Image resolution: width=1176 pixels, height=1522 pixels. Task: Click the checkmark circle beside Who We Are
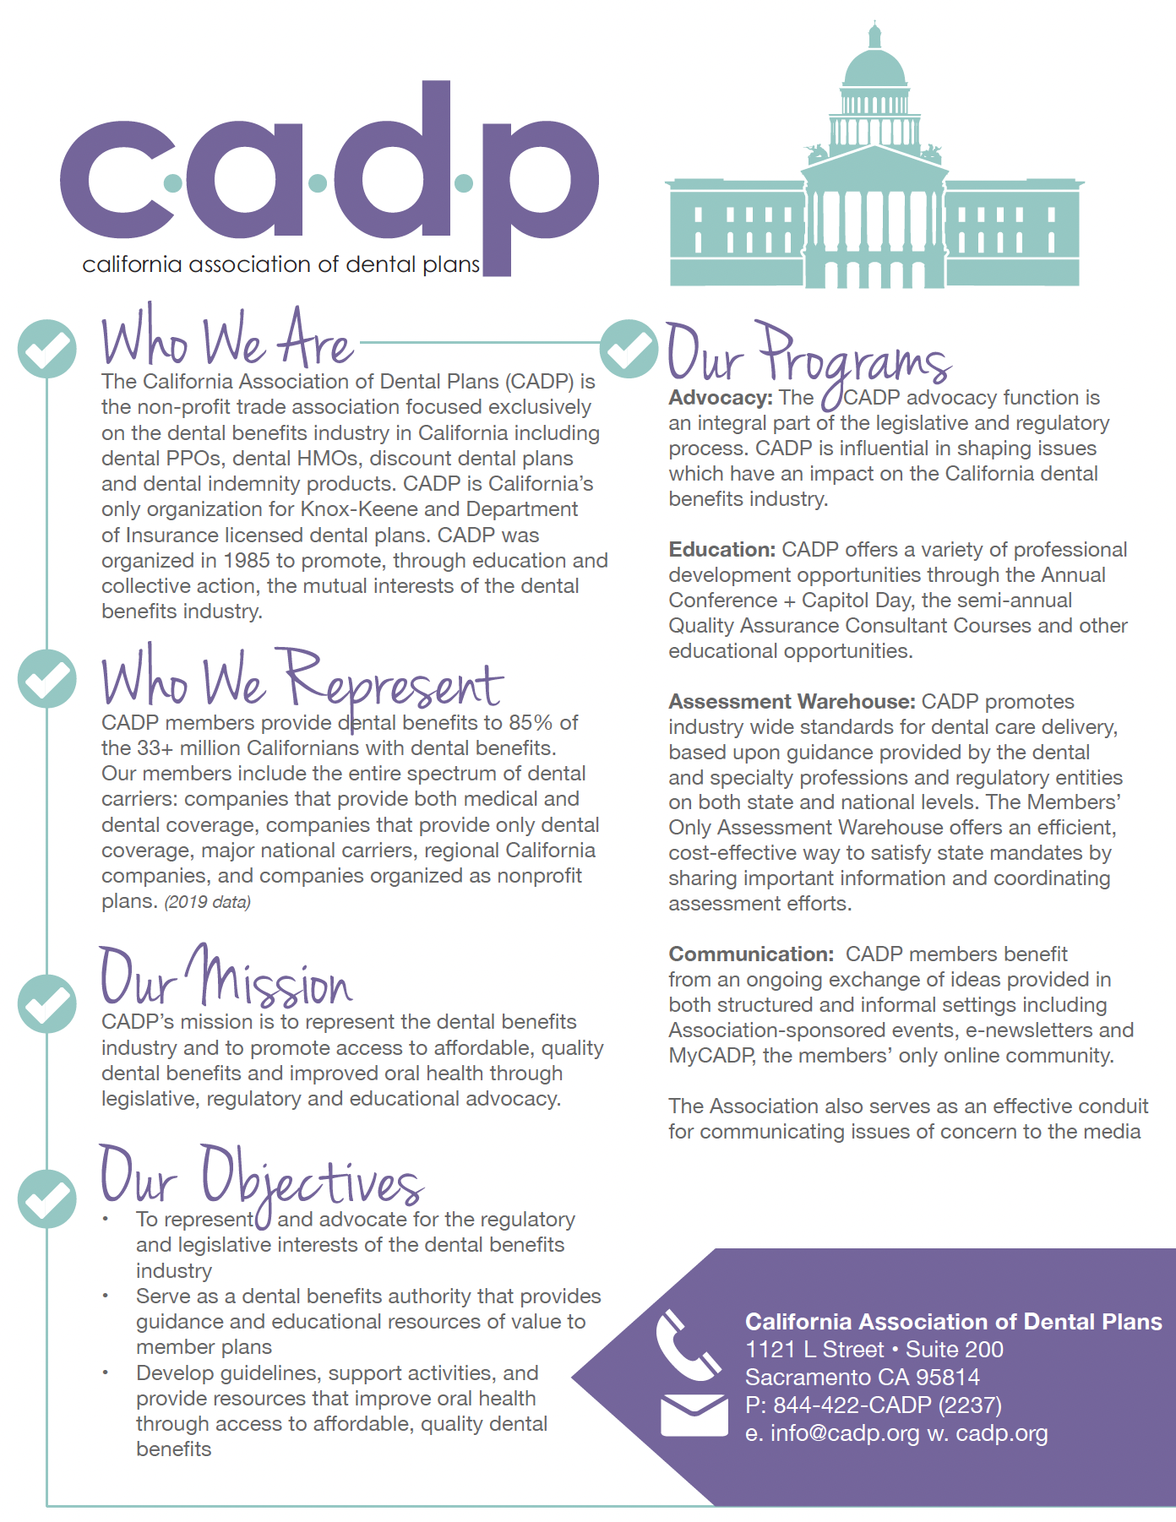click(x=47, y=348)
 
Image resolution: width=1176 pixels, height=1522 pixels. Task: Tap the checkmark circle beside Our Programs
click(x=629, y=348)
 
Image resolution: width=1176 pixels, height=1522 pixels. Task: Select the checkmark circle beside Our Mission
click(x=47, y=1003)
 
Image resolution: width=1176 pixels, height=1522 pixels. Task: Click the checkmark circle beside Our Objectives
click(x=47, y=1199)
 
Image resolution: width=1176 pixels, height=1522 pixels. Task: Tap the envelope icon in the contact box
click(x=694, y=1416)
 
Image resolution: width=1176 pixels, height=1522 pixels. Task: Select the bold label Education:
click(x=721, y=550)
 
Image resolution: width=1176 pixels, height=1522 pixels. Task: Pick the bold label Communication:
click(x=751, y=954)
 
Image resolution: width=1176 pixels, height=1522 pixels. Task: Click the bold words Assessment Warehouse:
click(x=792, y=702)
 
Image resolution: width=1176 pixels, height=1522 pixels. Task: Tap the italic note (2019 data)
click(x=208, y=902)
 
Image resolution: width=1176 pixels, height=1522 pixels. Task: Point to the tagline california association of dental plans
click(x=280, y=264)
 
